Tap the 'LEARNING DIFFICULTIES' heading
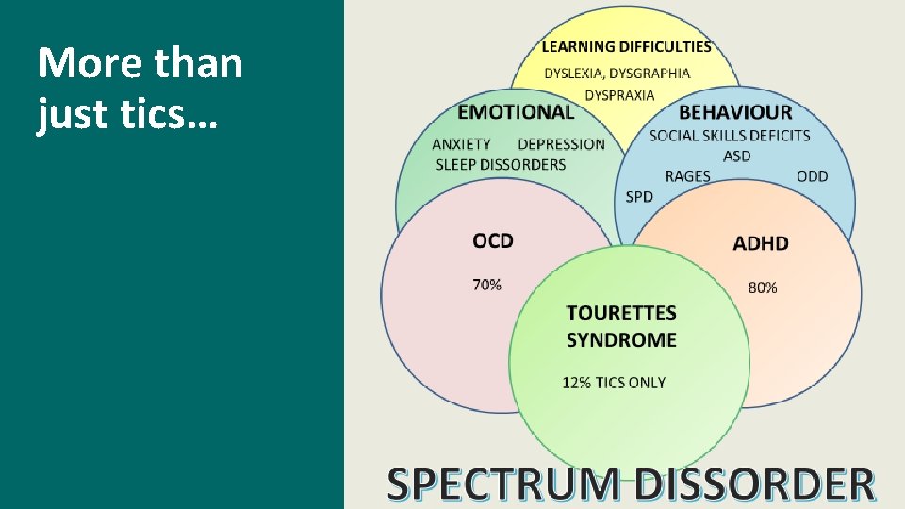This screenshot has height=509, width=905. click(x=626, y=45)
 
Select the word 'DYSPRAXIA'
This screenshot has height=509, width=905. click(x=619, y=95)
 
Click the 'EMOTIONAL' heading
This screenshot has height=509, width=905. click(x=515, y=112)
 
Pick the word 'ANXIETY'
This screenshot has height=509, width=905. click(x=461, y=144)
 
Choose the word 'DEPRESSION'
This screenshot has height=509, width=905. click(x=561, y=144)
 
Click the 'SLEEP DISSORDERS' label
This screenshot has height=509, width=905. click(x=501, y=164)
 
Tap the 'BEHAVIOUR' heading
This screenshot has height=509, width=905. click(x=735, y=112)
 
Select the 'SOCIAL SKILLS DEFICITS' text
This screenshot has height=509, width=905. click(x=729, y=135)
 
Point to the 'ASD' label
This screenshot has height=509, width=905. click(x=737, y=156)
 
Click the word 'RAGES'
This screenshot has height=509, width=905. click(x=687, y=176)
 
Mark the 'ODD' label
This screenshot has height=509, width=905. click(x=812, y=176)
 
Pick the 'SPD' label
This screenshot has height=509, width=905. click(x=638, y=197)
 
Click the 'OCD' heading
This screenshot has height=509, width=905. click(x=493, y=240)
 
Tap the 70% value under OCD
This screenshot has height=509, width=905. click(x=486, y=284)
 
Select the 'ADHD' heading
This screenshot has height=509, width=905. click(x=760, y=243)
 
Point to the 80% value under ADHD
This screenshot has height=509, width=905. click(x=763, y=287)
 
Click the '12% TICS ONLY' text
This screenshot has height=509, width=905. click(x=614, y=383)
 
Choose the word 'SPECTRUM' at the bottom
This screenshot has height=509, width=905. click(x=504, y=484)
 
